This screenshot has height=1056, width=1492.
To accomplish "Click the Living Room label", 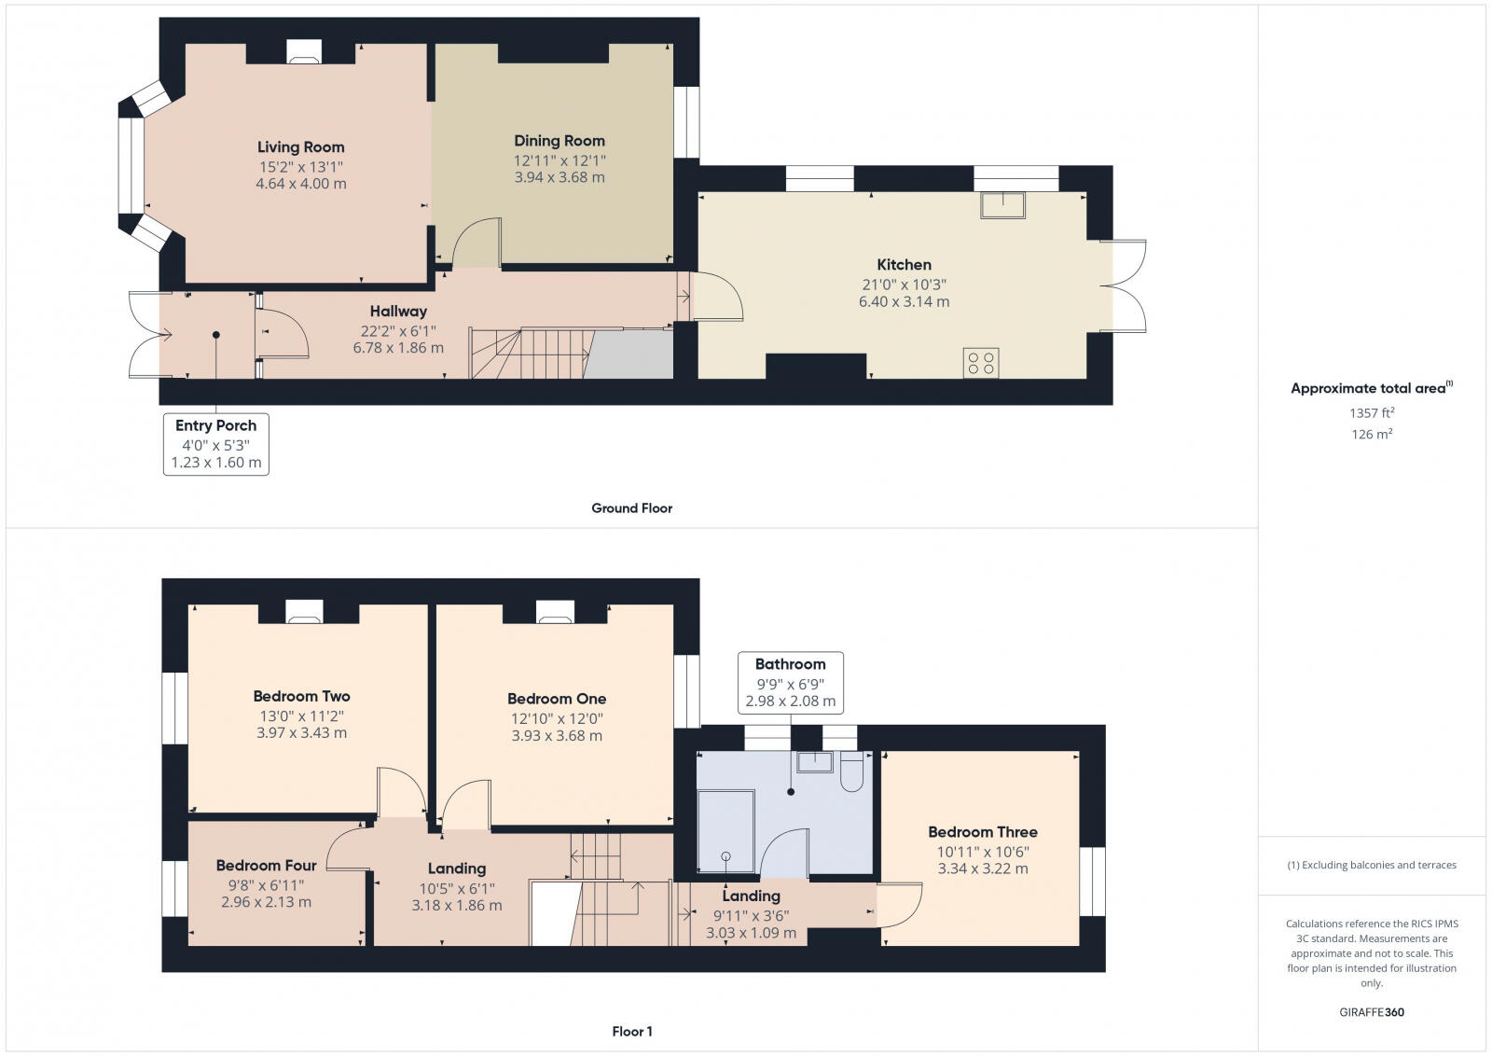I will [300, 147].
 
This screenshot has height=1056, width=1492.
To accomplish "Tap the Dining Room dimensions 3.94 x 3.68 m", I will [559, 177].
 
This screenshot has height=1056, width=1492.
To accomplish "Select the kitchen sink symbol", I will [1002, 204].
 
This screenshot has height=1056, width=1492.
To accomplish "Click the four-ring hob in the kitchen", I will [981, 363].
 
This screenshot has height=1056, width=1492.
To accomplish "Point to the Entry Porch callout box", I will [216, 444].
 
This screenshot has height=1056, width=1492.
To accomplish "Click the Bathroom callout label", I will [790, 664].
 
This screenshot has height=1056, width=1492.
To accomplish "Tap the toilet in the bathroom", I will [851, 773].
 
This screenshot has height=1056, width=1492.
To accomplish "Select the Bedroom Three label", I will [982, 832].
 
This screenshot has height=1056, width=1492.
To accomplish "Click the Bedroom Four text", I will [266, 866].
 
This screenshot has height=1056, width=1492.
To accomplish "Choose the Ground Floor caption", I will [631, 508].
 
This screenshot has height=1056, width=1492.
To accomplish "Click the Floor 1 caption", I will [632, 1032].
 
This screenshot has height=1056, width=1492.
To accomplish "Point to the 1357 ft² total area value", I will [1371, 412].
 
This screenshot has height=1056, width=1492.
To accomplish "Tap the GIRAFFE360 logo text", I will [1370, 1012].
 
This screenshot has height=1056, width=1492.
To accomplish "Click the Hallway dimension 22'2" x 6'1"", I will [398, 331].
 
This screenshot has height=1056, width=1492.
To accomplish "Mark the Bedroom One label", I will [557, 699].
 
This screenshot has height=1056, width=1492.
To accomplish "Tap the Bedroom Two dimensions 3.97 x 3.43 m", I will [301, 733].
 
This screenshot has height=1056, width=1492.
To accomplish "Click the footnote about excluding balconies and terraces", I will [1372, 865].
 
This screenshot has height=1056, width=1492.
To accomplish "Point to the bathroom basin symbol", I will [814, 761].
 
